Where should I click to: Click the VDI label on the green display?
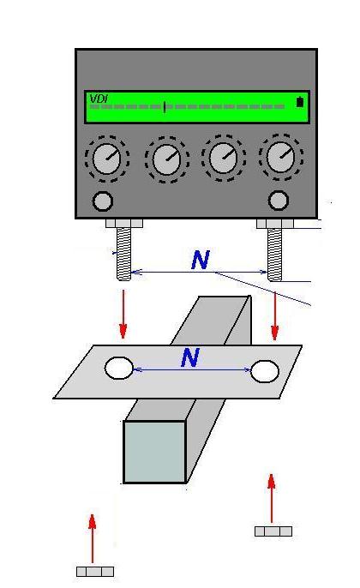pos(99,99)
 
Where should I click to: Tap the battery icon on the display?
pos(300,102)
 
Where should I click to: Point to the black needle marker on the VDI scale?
pos(165,106)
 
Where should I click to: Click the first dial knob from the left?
pos(107,159)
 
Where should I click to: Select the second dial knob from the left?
pos(167,159)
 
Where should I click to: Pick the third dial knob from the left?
pos(224,159)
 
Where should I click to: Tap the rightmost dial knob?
pos(280,158)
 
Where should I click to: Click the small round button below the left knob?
pos(103,201)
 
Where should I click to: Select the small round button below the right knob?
pos(279,201)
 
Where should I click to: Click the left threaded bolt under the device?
pos(123,254)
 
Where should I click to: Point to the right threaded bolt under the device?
pos(275,255)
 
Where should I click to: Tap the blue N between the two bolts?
pos(201,260)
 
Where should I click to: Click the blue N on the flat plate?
pos(190,357)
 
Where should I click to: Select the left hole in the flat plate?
pos(119,368)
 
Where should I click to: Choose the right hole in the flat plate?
pos(265,371)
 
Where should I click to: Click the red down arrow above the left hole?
pos(123,314)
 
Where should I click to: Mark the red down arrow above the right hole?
pos(275,316)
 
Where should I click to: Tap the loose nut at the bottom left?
pos(95,572)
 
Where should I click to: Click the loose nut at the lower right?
pos(273,531)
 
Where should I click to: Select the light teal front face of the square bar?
pos(155,452)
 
